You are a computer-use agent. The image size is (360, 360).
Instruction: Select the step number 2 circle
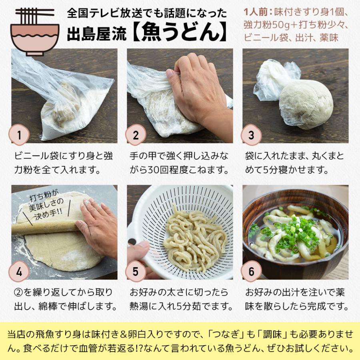(x=136, y=135)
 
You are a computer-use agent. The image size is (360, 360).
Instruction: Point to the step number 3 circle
(x=251, y=135)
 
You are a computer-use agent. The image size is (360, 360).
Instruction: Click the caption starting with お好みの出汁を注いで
(x=295, y=300)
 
